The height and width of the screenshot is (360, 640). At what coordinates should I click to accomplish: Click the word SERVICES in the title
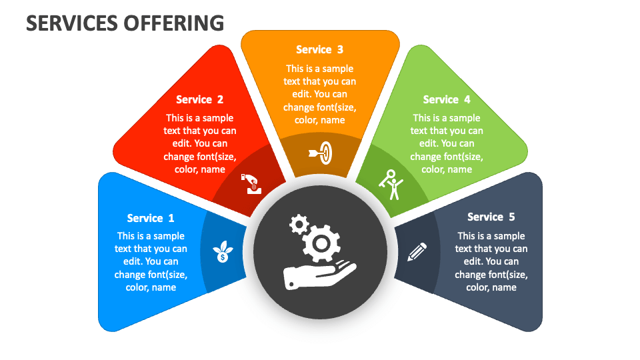(71, 23)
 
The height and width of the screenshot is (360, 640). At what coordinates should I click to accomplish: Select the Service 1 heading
(151, 218)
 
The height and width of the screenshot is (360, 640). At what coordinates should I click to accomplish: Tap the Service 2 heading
(199, 99)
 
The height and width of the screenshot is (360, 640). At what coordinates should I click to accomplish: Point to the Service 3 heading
(319, 49)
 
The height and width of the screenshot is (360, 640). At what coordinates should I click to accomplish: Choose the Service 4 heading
(447, 99)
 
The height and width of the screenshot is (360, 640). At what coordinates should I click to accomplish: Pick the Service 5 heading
(491, 217)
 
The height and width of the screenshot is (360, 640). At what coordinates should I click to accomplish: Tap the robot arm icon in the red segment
(252, 183)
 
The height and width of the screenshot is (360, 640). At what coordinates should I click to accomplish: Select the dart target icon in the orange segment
(321, 153)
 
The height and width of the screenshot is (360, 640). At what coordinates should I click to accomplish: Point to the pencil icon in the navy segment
(417, 252)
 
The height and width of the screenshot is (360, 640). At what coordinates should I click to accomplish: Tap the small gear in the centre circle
(298, 223)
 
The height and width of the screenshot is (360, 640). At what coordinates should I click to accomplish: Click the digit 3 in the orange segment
(340, 49)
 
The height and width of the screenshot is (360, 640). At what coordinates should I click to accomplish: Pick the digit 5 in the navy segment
(511, 217)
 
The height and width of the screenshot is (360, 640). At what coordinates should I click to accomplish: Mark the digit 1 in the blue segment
(171, 218)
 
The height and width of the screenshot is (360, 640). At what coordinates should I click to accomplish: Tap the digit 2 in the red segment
(220, 99)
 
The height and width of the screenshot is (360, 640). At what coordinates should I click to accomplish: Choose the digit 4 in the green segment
(467, 99)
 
